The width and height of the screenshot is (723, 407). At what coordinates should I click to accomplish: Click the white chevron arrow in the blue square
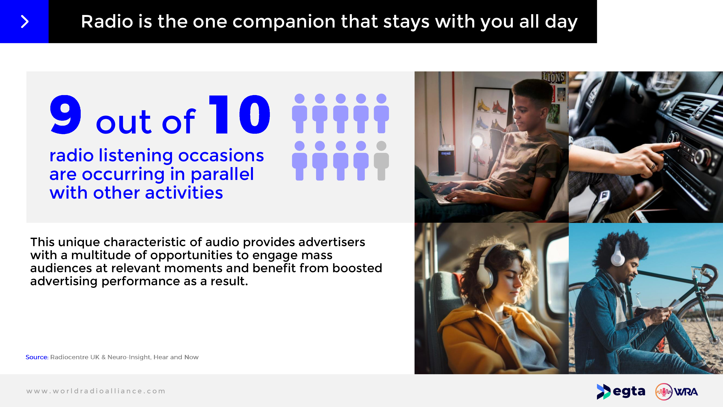point(25,22)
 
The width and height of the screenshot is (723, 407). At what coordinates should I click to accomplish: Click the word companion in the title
point(284,22)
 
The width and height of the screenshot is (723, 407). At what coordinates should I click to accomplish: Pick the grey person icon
point(381,161)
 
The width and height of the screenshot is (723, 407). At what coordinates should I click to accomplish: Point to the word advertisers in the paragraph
point(332,242)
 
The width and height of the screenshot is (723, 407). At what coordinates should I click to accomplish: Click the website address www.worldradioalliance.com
point(96,391)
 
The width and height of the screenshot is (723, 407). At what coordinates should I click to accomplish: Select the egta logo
point(621,392)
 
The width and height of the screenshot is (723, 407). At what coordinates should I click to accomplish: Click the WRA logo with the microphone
point(676,392)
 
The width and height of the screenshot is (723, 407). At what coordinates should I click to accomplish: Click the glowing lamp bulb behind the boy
point(477,140)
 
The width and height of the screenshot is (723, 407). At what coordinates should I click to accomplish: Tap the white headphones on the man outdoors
point(618,254)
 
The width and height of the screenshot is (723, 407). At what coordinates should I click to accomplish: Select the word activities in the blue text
point(184,193)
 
